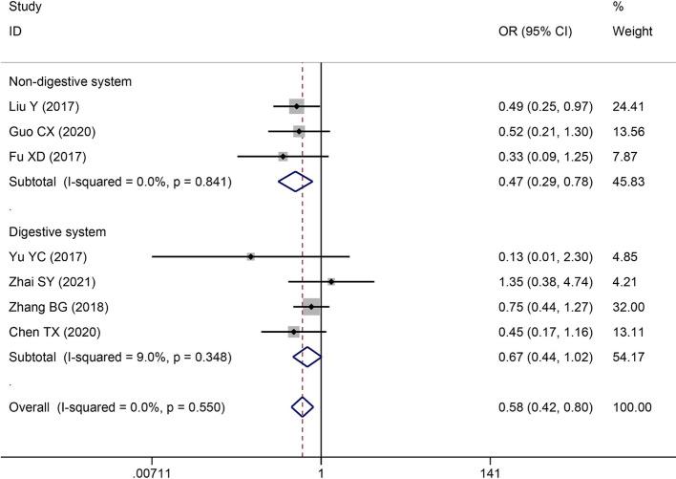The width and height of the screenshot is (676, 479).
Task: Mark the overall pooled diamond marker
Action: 302,407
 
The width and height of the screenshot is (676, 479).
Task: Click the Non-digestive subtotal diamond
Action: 294,181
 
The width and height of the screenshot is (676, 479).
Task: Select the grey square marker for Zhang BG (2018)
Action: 310,307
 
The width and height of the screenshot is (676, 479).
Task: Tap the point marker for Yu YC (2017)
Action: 250,256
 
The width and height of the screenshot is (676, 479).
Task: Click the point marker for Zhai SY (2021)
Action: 330,281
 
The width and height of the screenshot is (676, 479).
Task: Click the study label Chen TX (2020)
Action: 46,332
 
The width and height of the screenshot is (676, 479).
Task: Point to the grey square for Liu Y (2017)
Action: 296,106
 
